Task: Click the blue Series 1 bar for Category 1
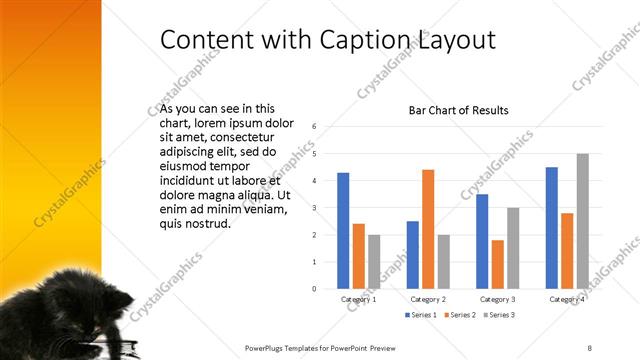click(343, 231)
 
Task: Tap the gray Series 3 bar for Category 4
click(582, 221)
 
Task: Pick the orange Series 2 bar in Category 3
click(497, 264)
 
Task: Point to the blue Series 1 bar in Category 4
click(551, 228)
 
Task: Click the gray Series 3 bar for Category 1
click(374, 262)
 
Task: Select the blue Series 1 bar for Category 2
click(412, 255)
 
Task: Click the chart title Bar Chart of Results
click(459, 110)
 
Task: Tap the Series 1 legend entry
click(420, 315)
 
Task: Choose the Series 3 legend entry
click(499, 315)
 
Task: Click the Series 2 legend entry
click(459, 315)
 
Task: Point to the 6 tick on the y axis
click(314, 127)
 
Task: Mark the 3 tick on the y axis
click(314, 208)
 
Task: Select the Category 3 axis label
click(497, 299)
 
